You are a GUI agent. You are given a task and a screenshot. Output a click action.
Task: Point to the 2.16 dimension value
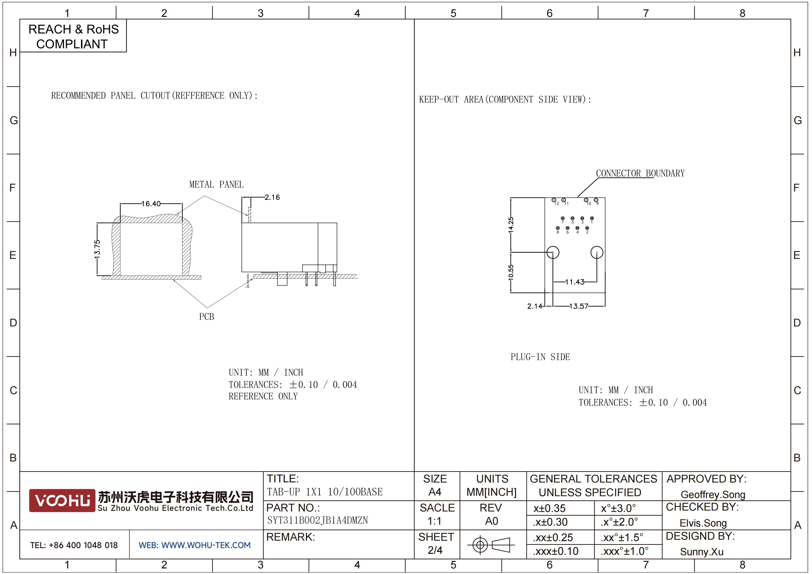tap(272, 197)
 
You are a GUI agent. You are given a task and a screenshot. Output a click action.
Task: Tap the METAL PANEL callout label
tap(216, 184)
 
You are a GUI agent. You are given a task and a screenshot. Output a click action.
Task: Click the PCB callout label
tap(206, 317)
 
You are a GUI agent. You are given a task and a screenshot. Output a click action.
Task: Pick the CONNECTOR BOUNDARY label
tap(640, 173)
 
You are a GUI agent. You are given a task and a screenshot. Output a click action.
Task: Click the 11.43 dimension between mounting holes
tap(575, 282)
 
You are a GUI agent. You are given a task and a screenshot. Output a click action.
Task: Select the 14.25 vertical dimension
tap(511, 225)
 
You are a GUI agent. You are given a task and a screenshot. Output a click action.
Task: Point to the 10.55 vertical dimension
tap(511, 272)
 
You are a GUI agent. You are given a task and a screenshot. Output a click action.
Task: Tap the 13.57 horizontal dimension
tap(579, 306)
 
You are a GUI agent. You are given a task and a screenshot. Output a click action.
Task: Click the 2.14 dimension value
tap(534, 306)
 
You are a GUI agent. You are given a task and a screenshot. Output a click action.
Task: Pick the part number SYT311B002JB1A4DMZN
tap(318, 520)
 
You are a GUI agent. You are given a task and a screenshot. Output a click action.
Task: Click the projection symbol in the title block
tap(491, 545)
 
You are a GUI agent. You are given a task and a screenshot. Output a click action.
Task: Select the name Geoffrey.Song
tap(713, 494)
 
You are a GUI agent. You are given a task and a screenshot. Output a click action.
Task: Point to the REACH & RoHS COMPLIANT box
tap(73, 36)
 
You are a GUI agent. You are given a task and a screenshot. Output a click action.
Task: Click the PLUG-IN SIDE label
tap(540, 357)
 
